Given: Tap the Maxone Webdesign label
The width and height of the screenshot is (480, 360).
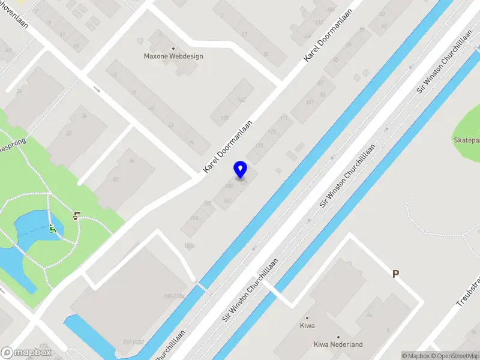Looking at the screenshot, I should point(173,56).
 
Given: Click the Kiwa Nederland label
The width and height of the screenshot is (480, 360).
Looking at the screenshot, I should point(338,344).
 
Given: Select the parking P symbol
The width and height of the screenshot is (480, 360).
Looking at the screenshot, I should point(395,274).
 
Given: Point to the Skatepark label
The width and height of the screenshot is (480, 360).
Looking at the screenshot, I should point(467,140).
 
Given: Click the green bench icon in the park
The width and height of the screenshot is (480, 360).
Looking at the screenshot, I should point(53,228).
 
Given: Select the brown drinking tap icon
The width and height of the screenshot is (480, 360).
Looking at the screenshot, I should point(76,216).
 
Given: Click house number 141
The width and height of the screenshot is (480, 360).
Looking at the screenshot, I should point(227,200).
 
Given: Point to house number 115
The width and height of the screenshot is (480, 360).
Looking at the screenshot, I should point(271,131).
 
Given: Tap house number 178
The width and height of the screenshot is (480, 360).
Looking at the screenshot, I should point(225,118).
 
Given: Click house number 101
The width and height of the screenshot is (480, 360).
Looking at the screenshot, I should point(310,103).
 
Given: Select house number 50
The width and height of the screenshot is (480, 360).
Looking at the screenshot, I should point(68,133).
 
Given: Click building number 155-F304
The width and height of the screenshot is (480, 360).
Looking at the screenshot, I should point(174,296).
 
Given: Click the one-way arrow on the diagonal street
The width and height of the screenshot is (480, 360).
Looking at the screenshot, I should point(96,89).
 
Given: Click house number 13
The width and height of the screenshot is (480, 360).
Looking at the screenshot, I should point(76,46).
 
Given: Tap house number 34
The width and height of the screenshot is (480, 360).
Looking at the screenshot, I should point(85,116).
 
